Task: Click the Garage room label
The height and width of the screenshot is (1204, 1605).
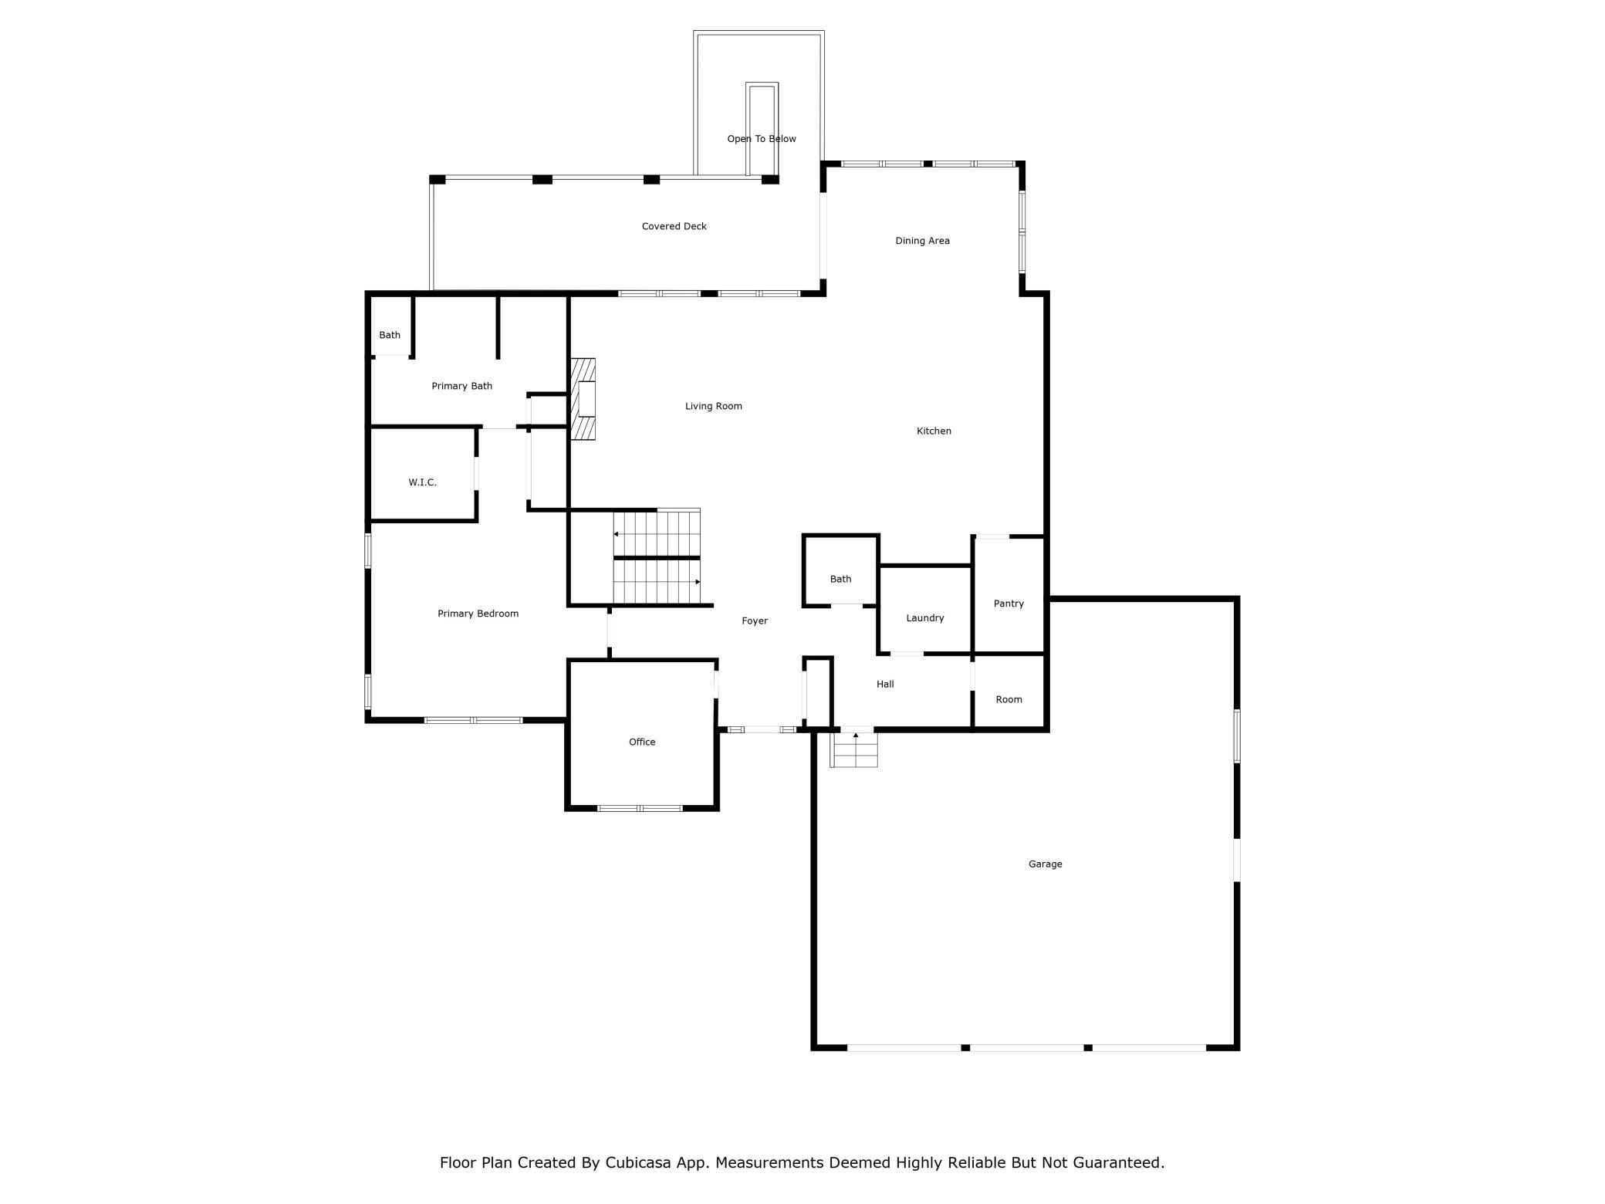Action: point(1045,864)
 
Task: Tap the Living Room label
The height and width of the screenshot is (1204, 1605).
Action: point(713,406)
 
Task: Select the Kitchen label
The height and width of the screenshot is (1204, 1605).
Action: point(934,431)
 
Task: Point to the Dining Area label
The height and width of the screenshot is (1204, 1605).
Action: point(922,241)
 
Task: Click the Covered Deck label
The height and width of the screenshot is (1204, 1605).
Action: point(674,226)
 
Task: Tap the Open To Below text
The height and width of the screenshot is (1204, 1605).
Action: point(762,139)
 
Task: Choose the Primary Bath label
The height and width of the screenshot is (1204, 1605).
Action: point(461,386)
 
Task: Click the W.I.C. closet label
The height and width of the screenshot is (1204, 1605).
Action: point(422,482)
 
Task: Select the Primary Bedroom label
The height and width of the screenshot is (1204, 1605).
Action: point(478,614)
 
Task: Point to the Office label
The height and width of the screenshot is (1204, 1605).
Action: point(642,742)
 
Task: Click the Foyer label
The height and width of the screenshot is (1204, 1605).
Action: point(755,621)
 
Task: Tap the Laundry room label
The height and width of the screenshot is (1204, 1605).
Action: point(924,618)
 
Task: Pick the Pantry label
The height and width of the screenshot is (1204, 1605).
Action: point(1009,604)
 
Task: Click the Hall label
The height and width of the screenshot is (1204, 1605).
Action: point(885,684)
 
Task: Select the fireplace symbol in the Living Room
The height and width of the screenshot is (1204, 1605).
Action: point(583,399)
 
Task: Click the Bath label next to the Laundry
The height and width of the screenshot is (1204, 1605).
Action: point(840,579)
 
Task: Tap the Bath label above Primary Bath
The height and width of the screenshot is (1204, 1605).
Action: point(390,335)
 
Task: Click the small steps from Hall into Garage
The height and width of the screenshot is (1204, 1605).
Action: point(854,749)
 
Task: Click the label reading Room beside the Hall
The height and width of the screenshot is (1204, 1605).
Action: point(1009,699)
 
